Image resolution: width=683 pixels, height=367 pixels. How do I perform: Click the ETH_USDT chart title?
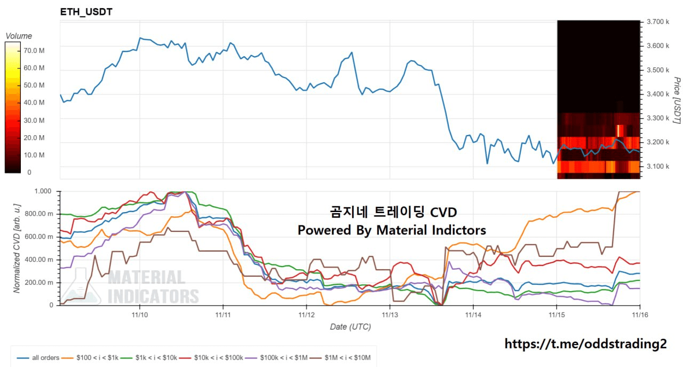tap(86, 12)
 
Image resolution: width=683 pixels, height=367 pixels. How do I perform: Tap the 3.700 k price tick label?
tap(657, 22)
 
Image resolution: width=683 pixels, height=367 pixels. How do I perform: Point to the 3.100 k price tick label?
tap(657, 167)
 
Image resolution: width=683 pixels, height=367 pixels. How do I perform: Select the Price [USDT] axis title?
tap(676, 100)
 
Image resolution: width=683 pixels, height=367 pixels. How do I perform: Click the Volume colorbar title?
tap(19, 36)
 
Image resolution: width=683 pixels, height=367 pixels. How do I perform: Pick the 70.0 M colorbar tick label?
tap(20, 51)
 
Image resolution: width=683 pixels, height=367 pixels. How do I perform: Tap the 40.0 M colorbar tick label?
tap(20, 103)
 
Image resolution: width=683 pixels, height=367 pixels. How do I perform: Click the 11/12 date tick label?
tap(306, 316)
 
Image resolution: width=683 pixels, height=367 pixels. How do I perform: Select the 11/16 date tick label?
tap(640, 316)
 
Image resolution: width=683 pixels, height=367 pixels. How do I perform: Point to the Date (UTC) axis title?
tap(350, 327)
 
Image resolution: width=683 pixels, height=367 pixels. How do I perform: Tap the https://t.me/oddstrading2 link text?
tap(585, 344)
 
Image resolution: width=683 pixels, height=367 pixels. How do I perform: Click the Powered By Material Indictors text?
tap(392, 230)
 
